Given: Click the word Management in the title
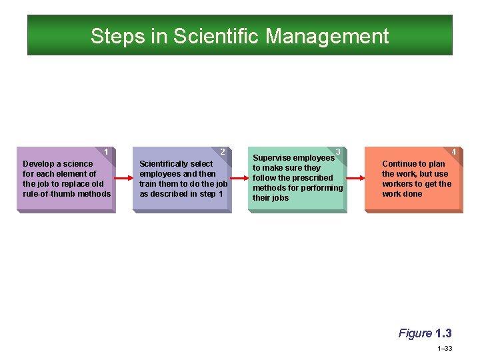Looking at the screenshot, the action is click(327, 36).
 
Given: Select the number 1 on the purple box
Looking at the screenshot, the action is click(107, 152).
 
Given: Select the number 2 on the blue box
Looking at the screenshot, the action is click(223, 152).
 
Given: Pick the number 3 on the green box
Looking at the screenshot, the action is click(339, 152).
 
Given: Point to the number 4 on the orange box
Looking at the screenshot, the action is click(454, 152).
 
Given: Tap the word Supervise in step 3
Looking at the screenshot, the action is click(271, 158).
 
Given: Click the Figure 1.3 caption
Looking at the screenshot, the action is click(425, 333).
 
